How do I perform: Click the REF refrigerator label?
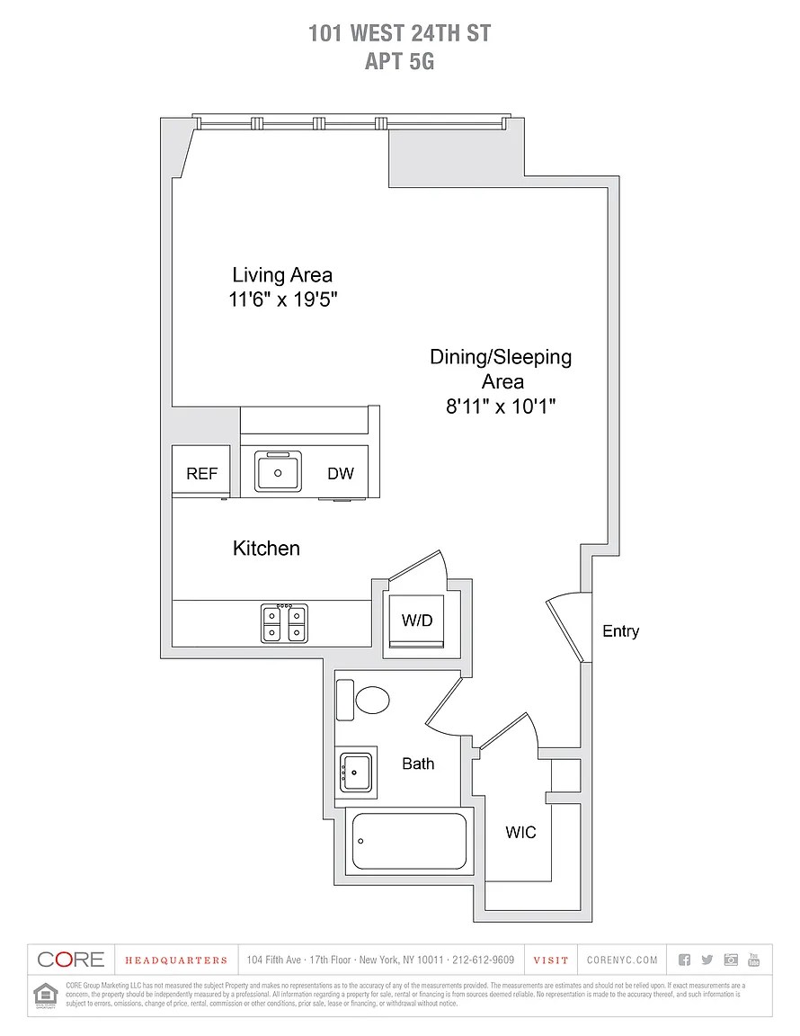(201, 474)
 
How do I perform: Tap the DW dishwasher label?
(340, 474)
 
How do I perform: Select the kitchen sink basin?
(278, 471)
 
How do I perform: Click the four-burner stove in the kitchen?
(283, 622)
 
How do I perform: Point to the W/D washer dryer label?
(416, 620)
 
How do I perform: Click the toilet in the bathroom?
(370, 699)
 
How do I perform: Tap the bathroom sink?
(357, 772)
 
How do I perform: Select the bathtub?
(409, 842)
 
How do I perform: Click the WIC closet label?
(520, 833)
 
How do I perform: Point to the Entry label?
(620, 631)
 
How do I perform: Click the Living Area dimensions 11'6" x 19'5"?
(282, 300)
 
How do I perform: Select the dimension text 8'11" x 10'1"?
(501, 406)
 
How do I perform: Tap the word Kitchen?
(266, 548)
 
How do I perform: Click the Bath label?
(418, 764)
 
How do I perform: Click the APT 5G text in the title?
(399, 62)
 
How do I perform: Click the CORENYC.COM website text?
(622, 960)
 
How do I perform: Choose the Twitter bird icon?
(707, 960)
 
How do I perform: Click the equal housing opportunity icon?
(44, 995)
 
